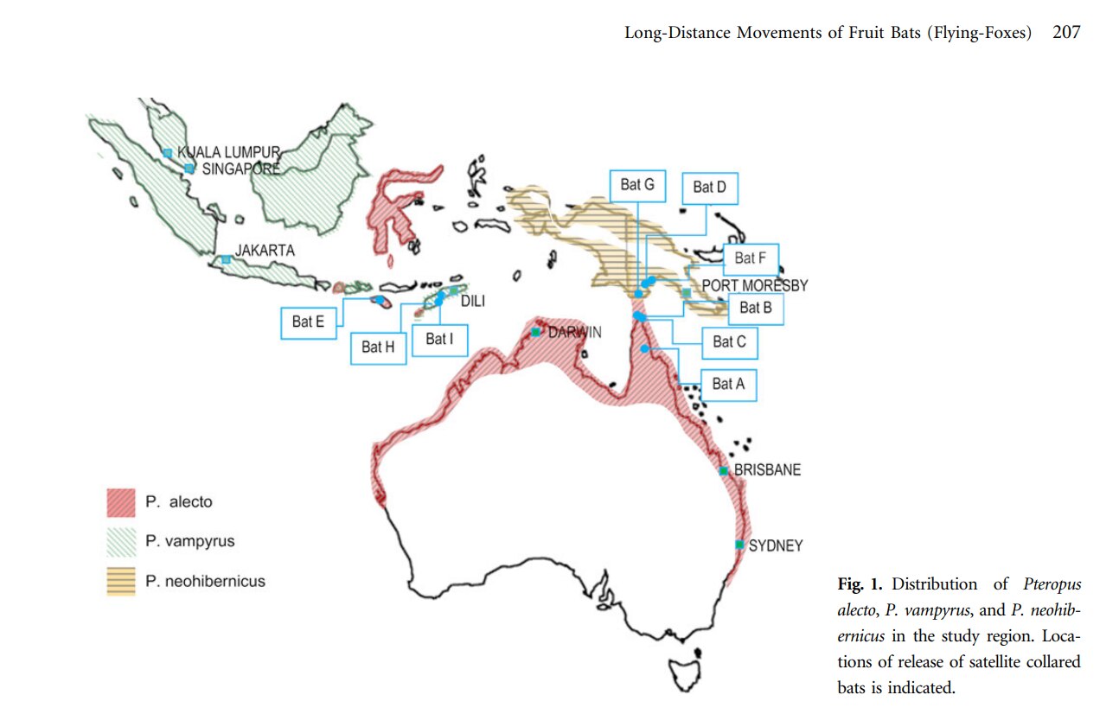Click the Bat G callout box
point(637,185)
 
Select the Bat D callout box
point(709,188)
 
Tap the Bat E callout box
point(308,322)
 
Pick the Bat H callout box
point(378,347)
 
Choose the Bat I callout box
point(438,339)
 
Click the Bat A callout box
point(727,384)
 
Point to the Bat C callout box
point(729,342)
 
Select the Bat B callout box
point(749,308)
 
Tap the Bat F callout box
point(750,258)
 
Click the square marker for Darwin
point(536,332)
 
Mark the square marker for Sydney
point(739,545)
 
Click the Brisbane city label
point(767,470)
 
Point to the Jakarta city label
point(265,251)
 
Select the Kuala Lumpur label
point(229,152)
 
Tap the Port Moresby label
point(754,285)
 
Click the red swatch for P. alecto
point(121,502)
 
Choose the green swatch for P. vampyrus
point(121,542)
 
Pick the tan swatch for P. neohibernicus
point(121,581)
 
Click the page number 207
point(1066,33)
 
